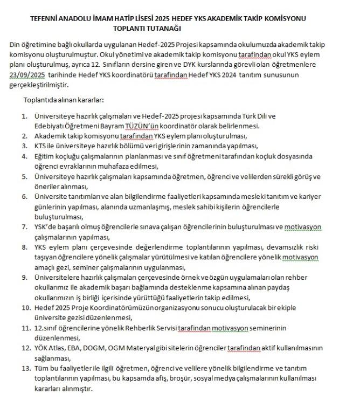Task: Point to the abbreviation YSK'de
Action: (46, 226)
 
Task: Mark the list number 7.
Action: (24, 226)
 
